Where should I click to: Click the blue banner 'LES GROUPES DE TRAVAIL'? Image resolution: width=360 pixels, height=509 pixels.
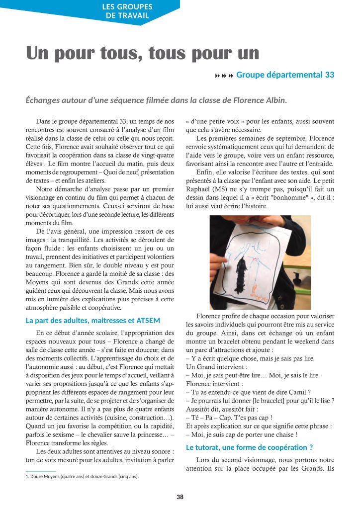[127, 11]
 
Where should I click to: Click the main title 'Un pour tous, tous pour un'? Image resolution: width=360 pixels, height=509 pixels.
[143, 53]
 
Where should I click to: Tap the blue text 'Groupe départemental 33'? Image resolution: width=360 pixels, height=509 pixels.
[285, 75]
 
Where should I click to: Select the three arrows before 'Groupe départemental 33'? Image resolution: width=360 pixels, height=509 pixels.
[224, 75]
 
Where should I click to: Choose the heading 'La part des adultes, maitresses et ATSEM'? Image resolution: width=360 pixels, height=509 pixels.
[92, 321]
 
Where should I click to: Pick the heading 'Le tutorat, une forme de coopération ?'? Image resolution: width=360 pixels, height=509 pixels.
[249, 447]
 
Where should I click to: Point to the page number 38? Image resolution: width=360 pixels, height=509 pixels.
[180, 496]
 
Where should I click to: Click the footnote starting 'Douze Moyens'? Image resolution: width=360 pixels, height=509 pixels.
[82, 476]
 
